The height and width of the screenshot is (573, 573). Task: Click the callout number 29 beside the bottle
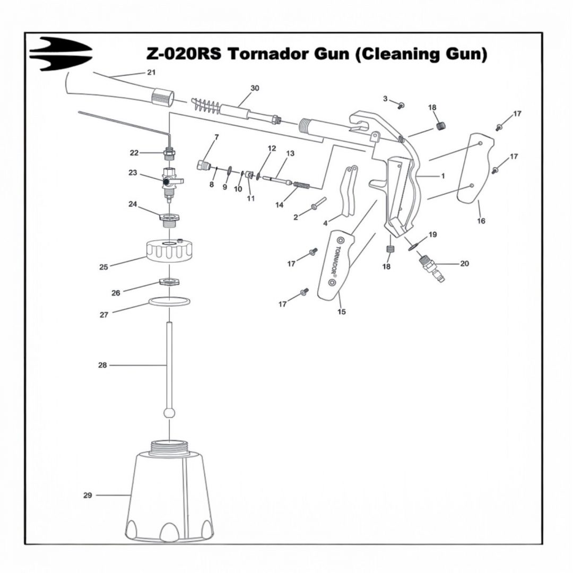[88, 496]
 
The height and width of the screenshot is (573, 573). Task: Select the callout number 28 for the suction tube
[102, 365]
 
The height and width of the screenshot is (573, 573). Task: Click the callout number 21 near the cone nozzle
[151, 72]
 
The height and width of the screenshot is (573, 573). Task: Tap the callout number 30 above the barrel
[255, 88]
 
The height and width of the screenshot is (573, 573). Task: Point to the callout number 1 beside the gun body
[443, 176]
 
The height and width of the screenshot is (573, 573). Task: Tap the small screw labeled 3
[401, 106]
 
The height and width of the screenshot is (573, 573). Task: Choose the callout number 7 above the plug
[216, 137]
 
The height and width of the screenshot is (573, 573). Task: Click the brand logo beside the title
[60, 54]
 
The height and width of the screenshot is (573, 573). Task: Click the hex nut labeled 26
[170, 282]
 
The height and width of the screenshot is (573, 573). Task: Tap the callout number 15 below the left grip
[342, 312]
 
